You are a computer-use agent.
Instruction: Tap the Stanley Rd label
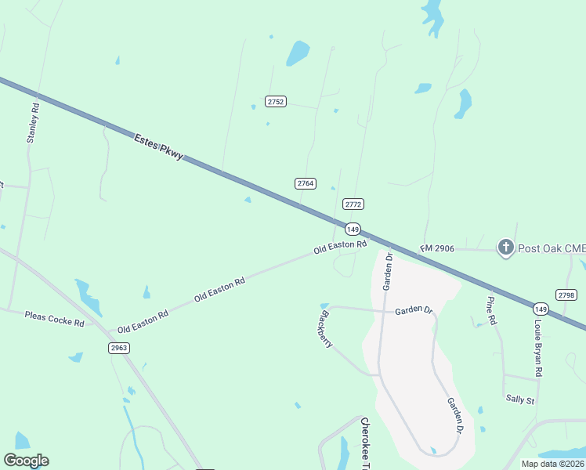32,123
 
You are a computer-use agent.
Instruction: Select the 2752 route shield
276,102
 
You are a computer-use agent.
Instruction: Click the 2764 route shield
306,183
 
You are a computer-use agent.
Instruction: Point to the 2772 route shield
353,204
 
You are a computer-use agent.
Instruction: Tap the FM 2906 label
437,248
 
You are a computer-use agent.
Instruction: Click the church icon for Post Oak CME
506,248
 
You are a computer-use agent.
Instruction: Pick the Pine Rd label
491,311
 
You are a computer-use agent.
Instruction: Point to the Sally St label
519,400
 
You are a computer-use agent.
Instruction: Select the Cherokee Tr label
364,443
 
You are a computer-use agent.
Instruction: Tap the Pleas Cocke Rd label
54,318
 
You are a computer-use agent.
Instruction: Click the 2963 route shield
119,348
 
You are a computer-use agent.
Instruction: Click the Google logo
26,461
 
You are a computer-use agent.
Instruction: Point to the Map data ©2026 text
553,464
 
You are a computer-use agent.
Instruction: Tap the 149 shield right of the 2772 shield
353,229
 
